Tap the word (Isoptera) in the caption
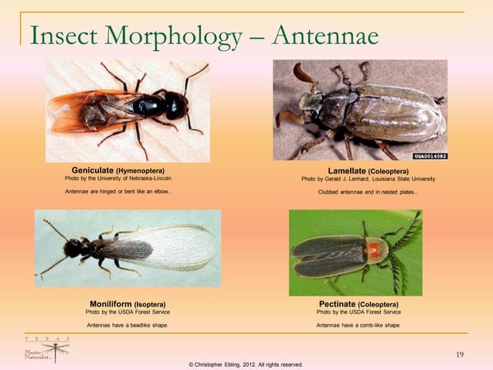pos(151,304)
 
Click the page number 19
pos(460,355)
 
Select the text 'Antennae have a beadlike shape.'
pos(127,325)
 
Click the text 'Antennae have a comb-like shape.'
pos(359,325)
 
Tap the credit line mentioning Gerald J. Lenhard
pos(369,179)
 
